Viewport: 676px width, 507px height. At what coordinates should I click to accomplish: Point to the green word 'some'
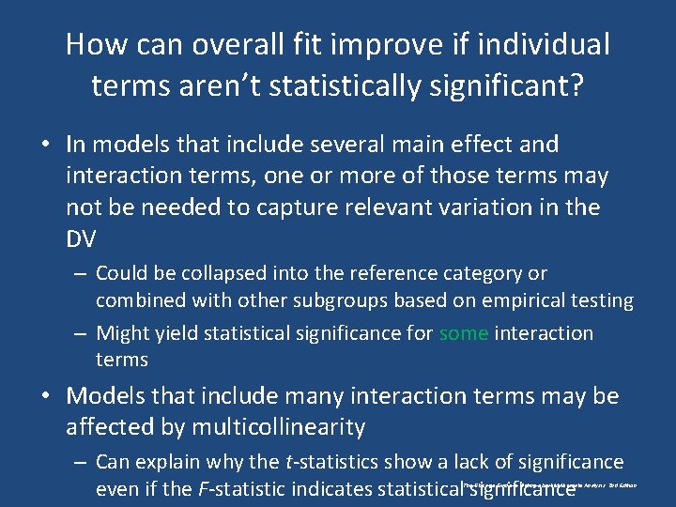[x=463, y=333]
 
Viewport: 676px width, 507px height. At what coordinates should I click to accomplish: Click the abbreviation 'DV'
[x=81, y=239]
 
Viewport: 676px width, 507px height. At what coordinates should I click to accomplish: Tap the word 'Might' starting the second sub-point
[x=122, y=333]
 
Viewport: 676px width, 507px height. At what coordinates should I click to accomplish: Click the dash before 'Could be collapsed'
[x=79, y=273]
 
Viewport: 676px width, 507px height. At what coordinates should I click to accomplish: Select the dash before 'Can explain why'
[x=79, y=462]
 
